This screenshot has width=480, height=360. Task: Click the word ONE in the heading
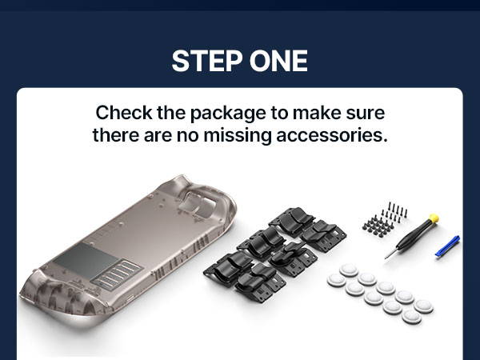[x=278, y=61]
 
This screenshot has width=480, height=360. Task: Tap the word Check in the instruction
[x=124, y=112]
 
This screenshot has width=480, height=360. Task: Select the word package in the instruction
[x=228, y=114]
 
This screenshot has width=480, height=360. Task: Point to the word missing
[x=238, y=136]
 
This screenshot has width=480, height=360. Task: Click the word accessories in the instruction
[x=332, y=135]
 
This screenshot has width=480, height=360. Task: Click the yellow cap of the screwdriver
[x=434, y=218]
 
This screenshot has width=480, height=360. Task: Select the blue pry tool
[x=447, y=246]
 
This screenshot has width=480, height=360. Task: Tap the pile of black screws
[x=385, y=220]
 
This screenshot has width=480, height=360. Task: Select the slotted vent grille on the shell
[x=117, y=274]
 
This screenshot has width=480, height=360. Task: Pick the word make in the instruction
[x=316, y=112]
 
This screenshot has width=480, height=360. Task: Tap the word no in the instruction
[x=187, y=136]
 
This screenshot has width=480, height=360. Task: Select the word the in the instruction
[x=171, y=112]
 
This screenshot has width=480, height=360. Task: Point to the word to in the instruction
[x=279, y=113]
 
